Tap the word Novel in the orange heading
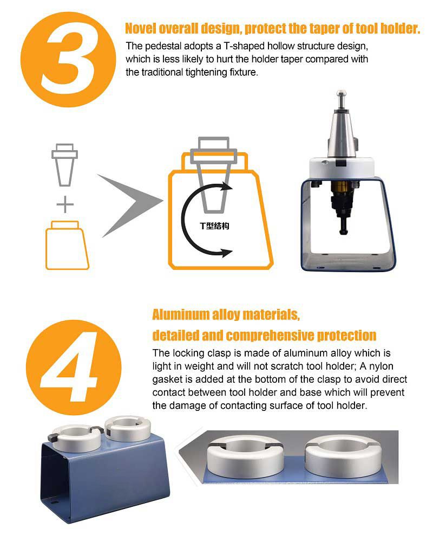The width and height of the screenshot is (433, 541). tap(141, 28)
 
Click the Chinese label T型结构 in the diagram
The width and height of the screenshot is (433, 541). tap(214, 226)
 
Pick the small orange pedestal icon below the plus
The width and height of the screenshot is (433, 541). tap(67, 245)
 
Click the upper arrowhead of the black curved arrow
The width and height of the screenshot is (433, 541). tap(226, 186)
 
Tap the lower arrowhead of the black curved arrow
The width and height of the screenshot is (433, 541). tap(226, 252)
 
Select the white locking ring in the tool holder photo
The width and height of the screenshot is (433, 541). tap(342, 168)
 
